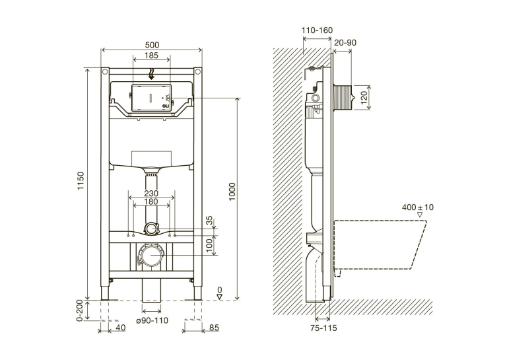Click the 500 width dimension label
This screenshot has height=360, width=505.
point(152,45)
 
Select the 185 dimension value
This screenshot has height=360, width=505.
point(151,55)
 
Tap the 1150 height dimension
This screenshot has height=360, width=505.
point(81,181)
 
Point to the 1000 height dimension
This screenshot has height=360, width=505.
point(232,192)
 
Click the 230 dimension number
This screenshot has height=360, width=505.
point(151,193)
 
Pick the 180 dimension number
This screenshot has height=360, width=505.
point(151,201)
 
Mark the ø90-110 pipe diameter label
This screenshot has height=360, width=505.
point(152,320)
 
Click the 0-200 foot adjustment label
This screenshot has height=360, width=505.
point(80,310)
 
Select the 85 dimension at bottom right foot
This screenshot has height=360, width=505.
point(214,328)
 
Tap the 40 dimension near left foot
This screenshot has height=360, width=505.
point(120,328)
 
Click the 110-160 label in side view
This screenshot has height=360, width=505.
point(317,30)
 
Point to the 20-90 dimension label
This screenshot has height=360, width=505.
point(345,42)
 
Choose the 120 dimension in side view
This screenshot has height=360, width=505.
point(364,98)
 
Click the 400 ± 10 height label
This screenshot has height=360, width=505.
point(417,207)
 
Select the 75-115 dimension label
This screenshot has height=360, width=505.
point(323,328)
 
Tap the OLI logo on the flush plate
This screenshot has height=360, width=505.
point(165,106)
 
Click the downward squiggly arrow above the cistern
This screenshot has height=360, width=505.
point(151,73)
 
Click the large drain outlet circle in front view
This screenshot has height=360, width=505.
point(151,254)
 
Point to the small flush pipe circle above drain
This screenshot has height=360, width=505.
point(151,229)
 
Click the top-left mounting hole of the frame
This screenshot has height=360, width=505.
point(105,71)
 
